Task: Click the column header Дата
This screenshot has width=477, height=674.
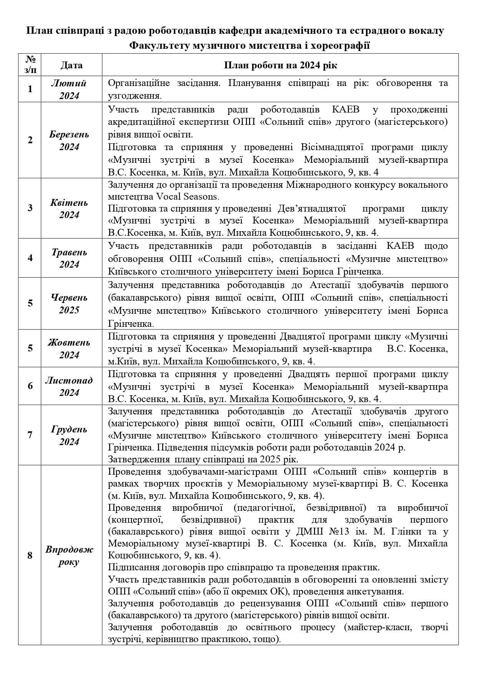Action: (71, 65)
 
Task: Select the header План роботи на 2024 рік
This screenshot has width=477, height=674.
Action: (280, 65)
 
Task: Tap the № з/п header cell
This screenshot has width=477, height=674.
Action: (30, 65)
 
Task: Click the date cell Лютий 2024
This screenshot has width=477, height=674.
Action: (69, 89)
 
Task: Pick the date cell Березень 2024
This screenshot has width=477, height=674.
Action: (69, 140)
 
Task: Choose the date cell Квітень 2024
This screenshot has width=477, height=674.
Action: (69, 208)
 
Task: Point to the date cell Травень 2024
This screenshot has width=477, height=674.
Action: (69, 258)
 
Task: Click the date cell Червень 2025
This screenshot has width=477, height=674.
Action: (69, 303)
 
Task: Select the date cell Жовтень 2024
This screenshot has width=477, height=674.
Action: (69, 348)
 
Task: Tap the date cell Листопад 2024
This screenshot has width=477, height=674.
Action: (69, 386)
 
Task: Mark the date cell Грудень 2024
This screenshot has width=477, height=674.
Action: (69, 435)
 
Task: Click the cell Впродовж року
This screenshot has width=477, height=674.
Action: (69, 555)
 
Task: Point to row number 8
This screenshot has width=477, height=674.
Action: (30, 555)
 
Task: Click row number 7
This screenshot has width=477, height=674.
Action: (30, 435)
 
